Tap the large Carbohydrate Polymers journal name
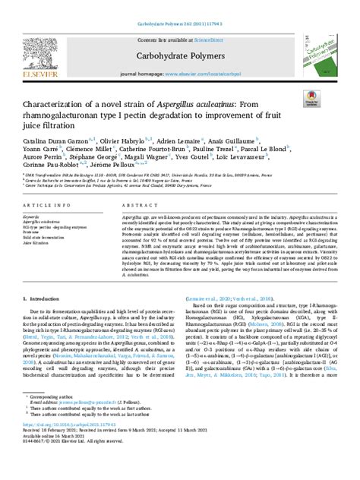[x=179, y=55]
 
